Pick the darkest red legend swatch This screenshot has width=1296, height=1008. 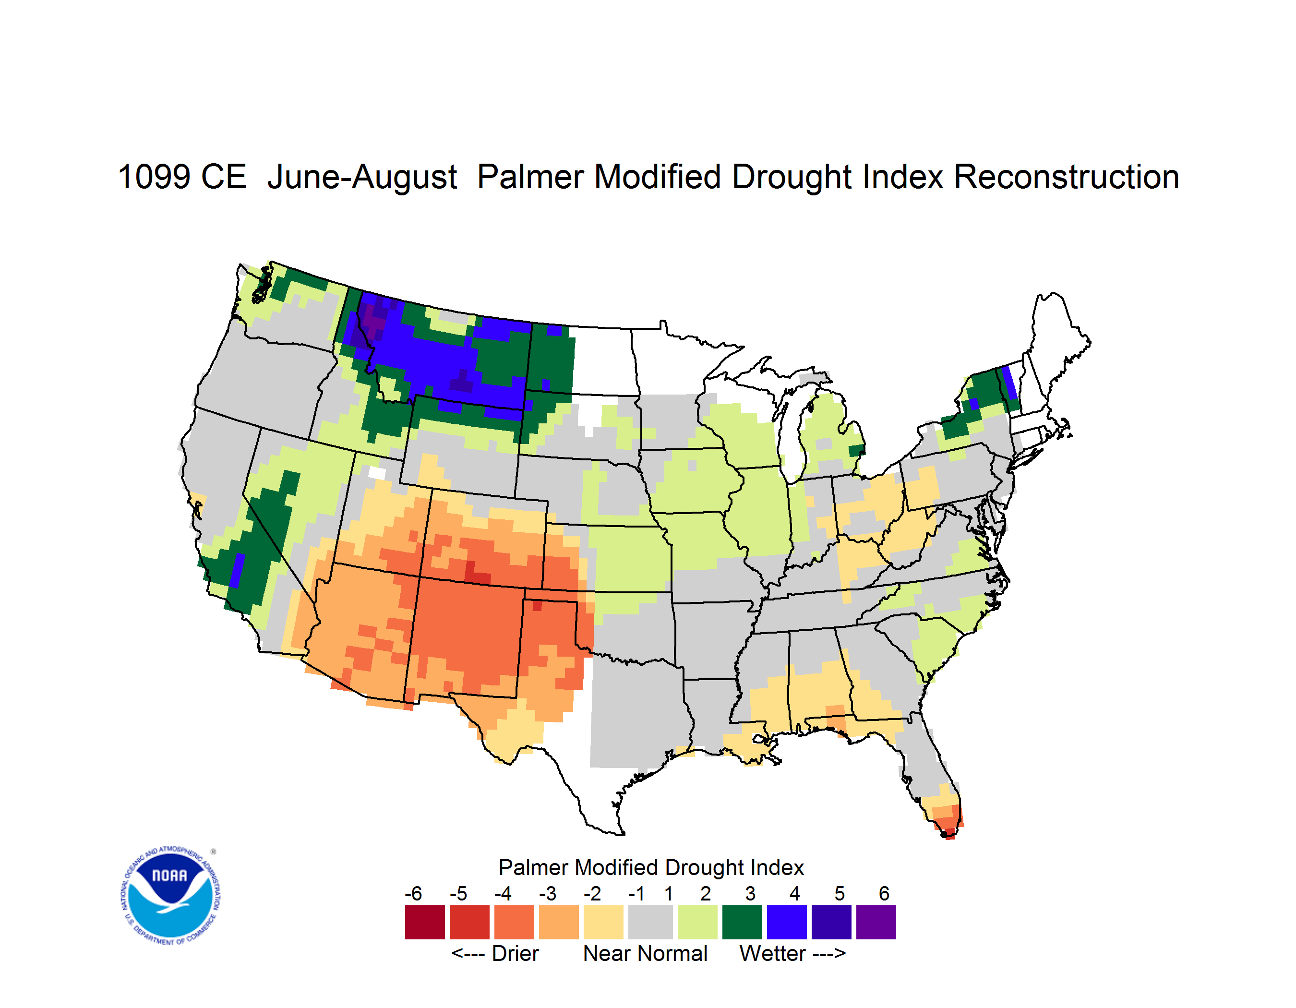425,922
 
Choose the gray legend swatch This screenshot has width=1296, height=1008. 650,922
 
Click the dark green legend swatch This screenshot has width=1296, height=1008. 742,922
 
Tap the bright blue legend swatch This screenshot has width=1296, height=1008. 787,922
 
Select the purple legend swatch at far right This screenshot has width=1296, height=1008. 876,922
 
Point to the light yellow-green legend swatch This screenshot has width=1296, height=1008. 697,922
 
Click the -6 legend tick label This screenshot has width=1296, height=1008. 414,893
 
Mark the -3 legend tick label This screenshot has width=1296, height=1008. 548,893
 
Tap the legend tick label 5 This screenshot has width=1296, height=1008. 840,893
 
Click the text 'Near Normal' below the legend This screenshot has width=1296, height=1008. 645,953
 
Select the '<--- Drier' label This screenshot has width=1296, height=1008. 495,953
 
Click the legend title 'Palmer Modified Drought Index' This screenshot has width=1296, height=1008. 651,867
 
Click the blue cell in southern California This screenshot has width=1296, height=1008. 236,570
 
